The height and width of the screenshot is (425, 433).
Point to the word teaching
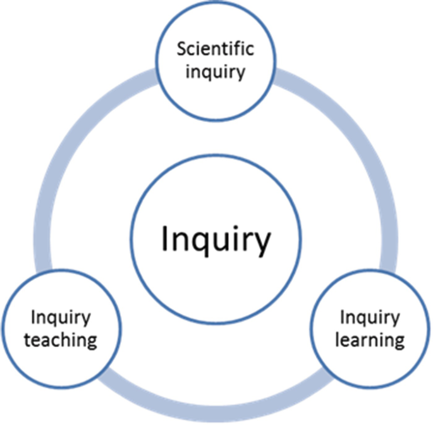point(60,340)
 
